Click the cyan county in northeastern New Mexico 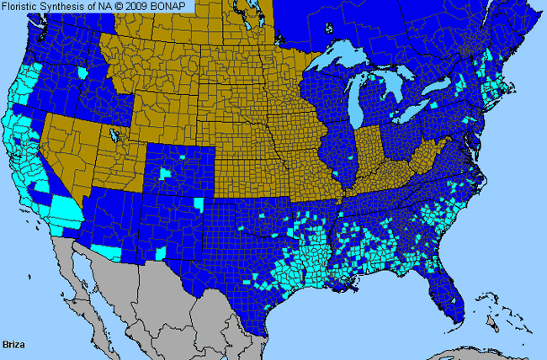coord(199,204)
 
